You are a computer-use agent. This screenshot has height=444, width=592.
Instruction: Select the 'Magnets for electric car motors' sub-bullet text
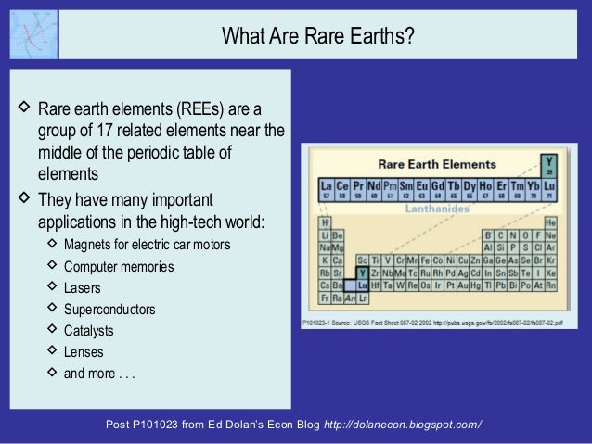pos(147,245)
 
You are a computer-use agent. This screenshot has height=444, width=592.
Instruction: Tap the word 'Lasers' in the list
pos(84,287)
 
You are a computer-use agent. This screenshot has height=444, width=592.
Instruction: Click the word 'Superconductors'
pos(109,309)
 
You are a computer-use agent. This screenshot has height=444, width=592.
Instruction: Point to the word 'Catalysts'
pos(90,330)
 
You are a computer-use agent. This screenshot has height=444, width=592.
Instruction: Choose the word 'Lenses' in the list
pos(84,352)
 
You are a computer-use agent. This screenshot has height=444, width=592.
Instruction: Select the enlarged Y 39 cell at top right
pos(551,165)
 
